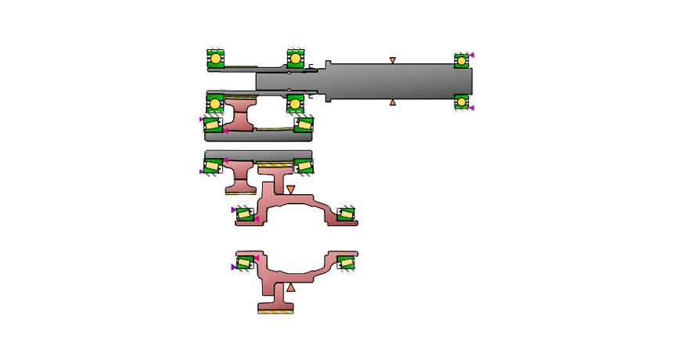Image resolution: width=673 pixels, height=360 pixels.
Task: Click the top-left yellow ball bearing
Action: pos(215,58)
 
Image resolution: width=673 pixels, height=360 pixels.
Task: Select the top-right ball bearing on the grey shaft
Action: pos(462,59)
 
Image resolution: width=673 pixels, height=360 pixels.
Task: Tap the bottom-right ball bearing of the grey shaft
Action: pos(462,102)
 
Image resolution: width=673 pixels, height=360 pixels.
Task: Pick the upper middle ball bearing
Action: pos(295,58)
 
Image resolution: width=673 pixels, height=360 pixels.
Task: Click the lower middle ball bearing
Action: pos(295,103)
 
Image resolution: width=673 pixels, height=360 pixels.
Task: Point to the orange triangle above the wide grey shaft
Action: pos(393,59)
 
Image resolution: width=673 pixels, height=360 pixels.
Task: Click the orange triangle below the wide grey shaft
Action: pos(393,103)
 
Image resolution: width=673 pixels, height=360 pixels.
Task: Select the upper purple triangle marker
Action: pos(233,210)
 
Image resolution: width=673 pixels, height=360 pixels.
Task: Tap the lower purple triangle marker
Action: pos(233,267)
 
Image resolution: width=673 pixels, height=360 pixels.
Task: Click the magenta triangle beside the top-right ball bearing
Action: pos(473,55)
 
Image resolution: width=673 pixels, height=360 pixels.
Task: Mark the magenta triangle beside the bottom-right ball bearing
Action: pos(473,108)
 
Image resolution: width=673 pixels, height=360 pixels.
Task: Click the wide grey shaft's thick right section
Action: pos(399,81)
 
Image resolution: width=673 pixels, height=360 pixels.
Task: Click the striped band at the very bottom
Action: pos(275,312)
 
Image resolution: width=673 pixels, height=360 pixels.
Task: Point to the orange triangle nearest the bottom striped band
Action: pos(290,289)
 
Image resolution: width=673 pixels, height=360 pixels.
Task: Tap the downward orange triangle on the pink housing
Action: pos(290,189)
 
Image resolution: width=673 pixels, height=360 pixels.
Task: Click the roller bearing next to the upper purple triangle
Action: pos(246,214)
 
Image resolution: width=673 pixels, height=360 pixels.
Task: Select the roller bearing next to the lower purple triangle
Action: pos(246,263)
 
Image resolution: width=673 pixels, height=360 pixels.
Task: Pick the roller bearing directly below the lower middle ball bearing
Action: pos(302,124)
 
